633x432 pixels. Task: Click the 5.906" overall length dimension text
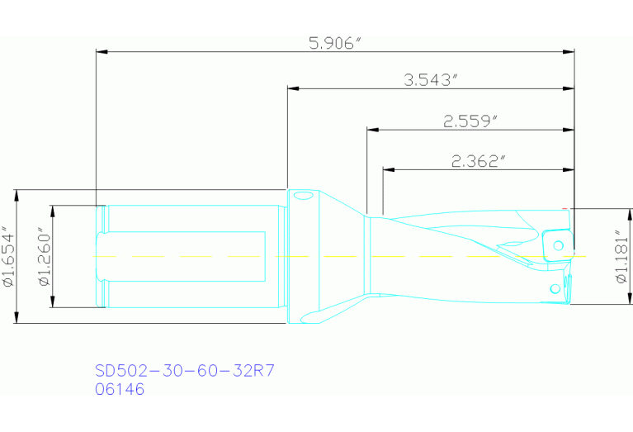coord(335,43)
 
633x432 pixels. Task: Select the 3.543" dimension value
coord(430,80)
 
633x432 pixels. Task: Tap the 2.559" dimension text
coord(470,121)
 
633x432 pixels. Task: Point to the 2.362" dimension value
coord(478,162)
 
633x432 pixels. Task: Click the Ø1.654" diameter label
coord(9,257)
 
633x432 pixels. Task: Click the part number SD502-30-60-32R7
coord(184,371)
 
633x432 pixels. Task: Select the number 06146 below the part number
coord(120,389)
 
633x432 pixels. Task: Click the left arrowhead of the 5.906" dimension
coord(102,52)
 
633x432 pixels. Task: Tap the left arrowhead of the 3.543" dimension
coord(292,88)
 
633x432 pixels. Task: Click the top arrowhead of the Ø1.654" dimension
coord(17,195)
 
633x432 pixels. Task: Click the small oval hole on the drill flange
coord(303,196)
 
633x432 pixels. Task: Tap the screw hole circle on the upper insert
coord(559,244)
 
